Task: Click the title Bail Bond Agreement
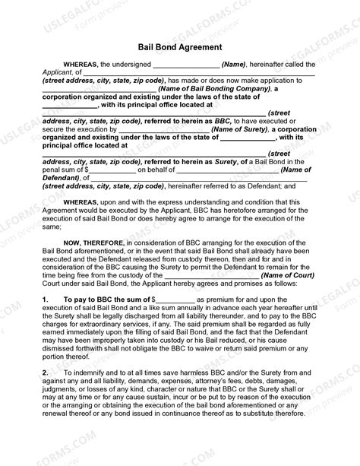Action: (180, 46)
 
